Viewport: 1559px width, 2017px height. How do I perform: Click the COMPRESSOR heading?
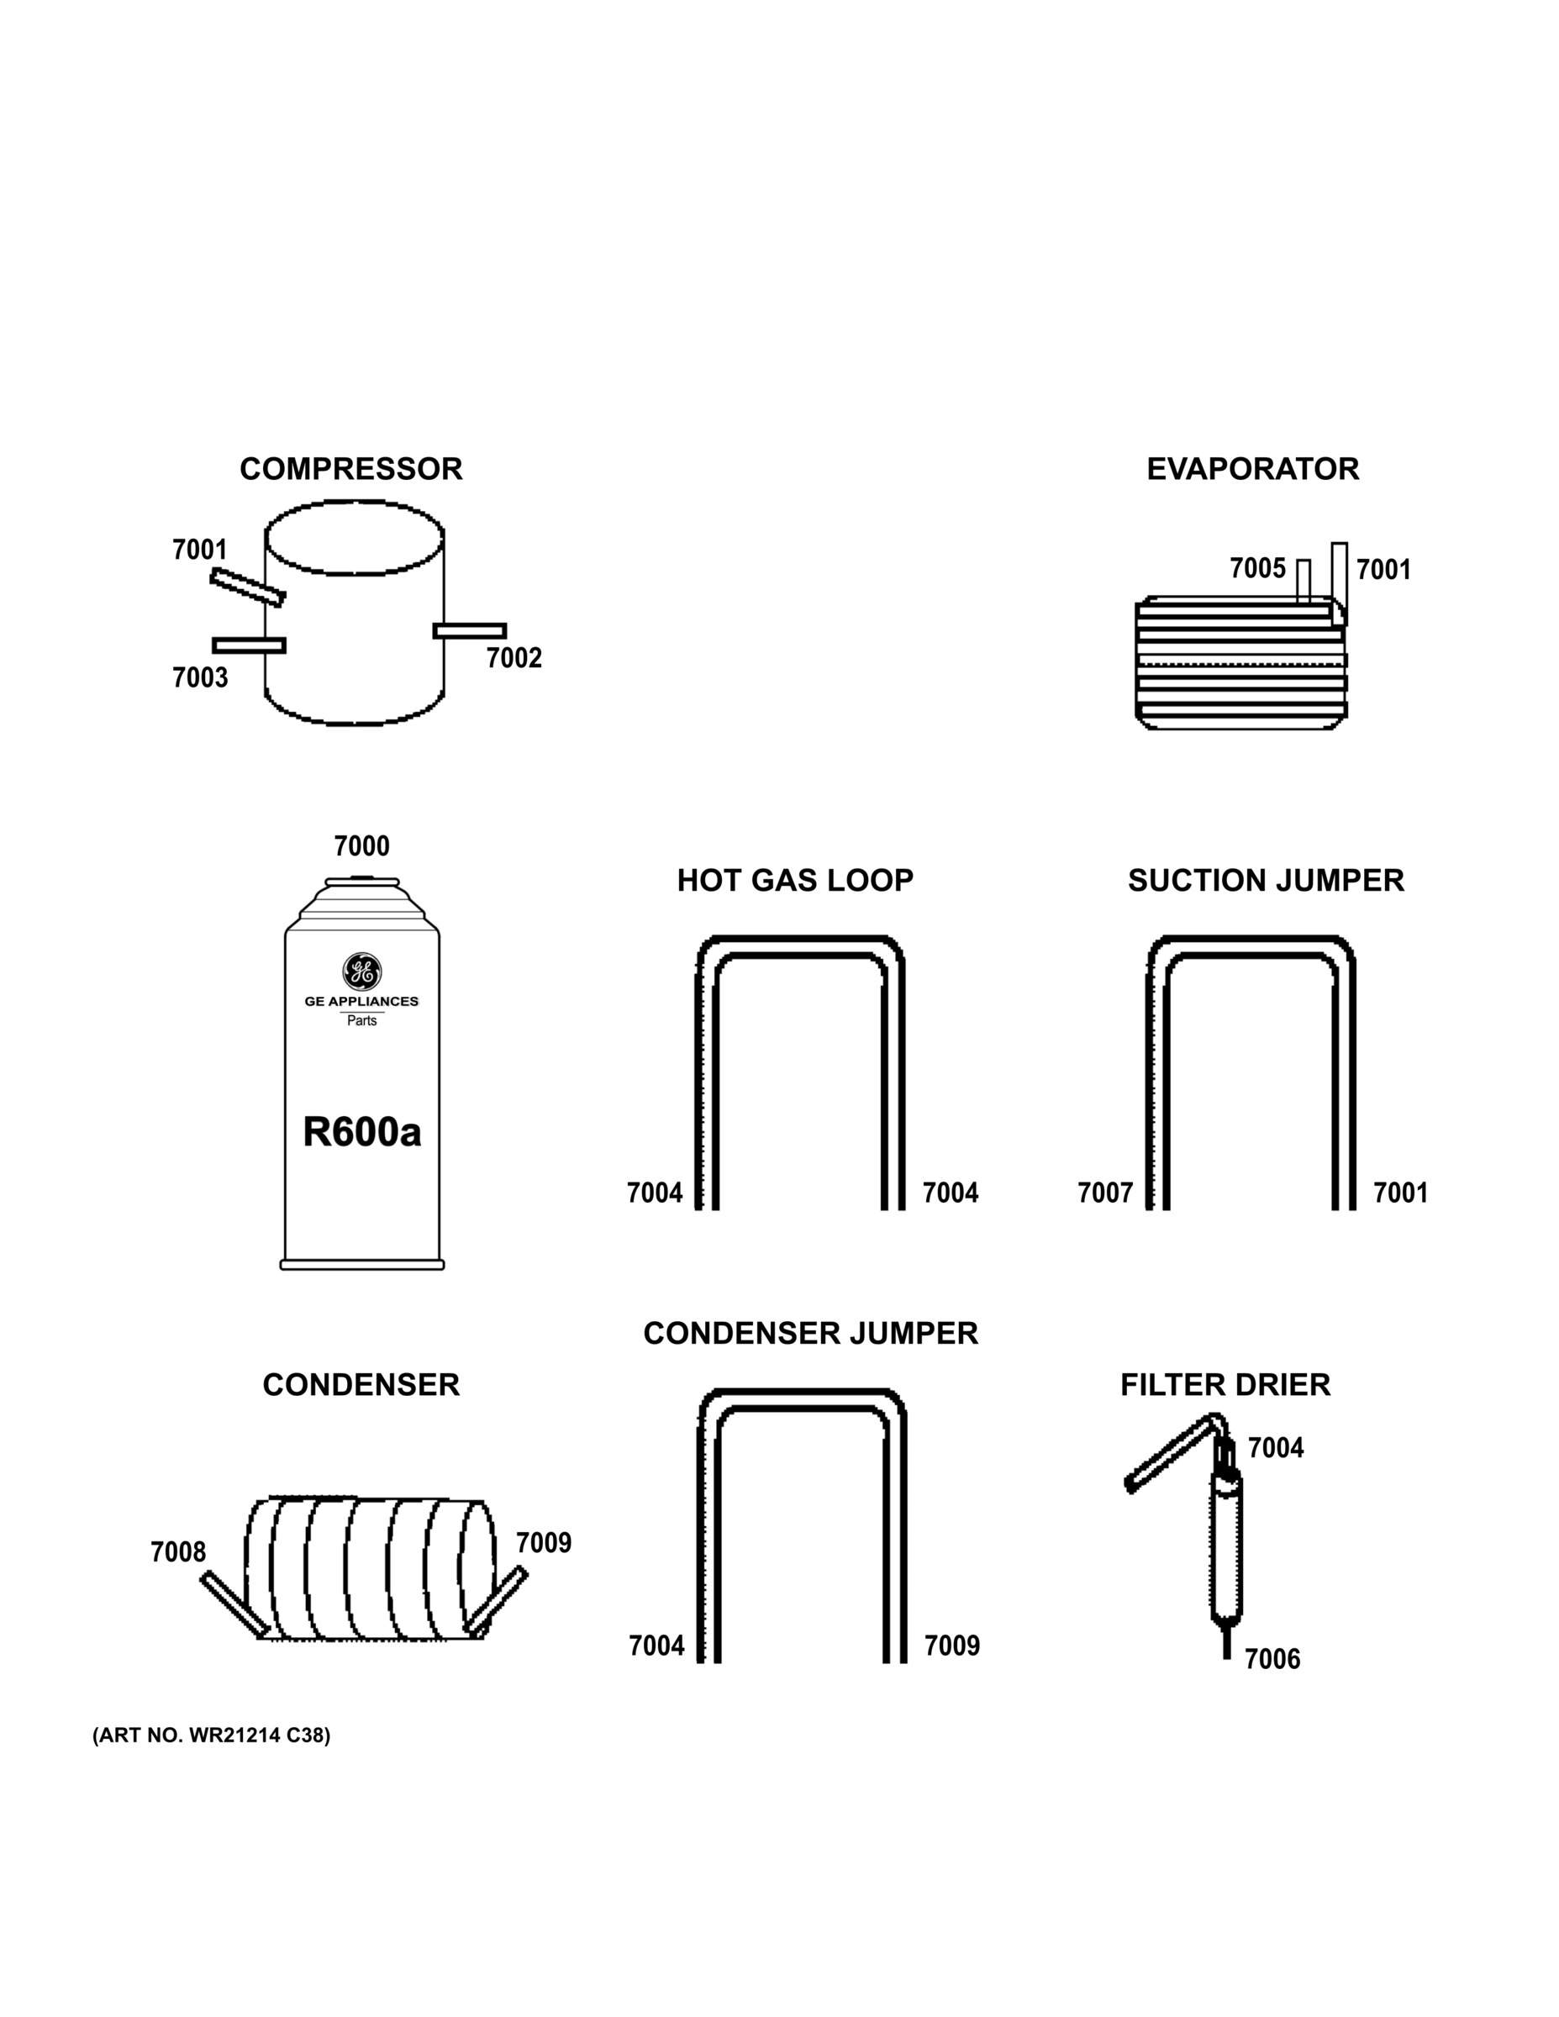pos(351,469)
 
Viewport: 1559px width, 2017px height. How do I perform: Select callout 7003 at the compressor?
pos(199,678)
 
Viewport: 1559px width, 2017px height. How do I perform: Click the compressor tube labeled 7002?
pos(470,631)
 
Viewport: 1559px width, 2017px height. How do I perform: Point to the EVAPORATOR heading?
pos(1252,469)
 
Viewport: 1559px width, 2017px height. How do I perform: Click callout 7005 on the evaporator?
pos(1257,568)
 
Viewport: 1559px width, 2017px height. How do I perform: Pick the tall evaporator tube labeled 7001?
pos(1339,572)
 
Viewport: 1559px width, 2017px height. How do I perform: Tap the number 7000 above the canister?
pos(361,846)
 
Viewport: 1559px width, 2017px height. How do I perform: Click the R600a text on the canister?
pos(362,1132)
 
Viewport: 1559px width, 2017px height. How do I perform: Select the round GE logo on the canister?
pos(362,972)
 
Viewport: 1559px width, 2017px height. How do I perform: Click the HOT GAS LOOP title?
pos(795,880)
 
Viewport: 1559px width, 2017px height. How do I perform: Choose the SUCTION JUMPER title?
pos(1266,880)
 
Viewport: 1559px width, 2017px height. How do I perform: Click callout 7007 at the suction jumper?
pos(1104,1193)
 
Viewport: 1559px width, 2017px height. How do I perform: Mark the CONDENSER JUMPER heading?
pos(810,1334)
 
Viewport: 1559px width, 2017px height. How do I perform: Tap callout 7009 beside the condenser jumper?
pos(952,1646)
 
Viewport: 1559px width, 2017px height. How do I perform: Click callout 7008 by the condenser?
pos(178,1551)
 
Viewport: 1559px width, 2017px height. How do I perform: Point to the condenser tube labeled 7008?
pos(234,1604)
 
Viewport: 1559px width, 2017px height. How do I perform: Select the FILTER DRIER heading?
pos(1225,1385)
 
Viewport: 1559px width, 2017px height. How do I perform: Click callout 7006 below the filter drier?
pos(1272,1660)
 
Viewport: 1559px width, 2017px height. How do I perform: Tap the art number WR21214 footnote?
pos(212,1735)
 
